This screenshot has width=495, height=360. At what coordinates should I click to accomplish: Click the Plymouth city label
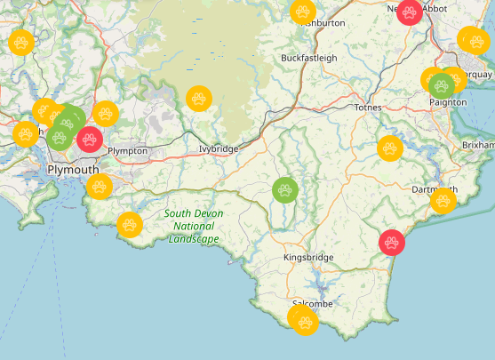(x=73, y=169)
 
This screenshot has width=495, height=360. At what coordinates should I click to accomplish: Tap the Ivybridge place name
(x=219, y=148)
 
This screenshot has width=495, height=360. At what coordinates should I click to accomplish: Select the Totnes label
(x=367, y=107)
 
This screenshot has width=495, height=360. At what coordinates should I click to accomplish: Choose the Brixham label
(x=478, y=144)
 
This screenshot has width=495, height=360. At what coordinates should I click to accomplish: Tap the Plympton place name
(x=126, y=151)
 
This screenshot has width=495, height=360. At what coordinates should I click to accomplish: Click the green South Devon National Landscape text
(x=194, y=226)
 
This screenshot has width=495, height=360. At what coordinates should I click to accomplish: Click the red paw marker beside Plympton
(x=90, y=139)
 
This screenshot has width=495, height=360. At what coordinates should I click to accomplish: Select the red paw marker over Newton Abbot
(x=410, y=12)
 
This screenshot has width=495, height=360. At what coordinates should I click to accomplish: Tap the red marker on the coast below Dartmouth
(x=392, y=241)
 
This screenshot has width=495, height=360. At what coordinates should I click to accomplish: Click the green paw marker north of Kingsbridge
(x=284, y=189)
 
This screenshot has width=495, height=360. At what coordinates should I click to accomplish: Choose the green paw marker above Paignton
(x=442, y=85)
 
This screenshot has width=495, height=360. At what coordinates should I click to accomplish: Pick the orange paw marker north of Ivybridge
(x=197, y=98)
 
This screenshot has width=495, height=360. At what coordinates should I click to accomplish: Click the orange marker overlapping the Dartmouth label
(x=443, y=202)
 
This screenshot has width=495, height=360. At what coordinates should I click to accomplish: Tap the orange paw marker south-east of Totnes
(x=389, y=148)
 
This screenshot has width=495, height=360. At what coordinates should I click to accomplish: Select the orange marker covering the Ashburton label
(x=303, y=12)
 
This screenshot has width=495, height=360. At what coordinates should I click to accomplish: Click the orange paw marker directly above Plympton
(x=106, y=114)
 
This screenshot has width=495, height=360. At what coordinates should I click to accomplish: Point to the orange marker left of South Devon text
(x=130, y=224)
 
